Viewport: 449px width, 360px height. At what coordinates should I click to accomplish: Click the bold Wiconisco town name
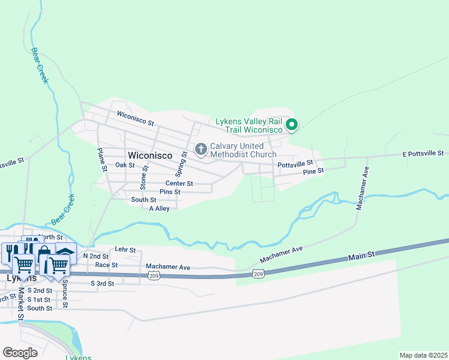tap(149, 155)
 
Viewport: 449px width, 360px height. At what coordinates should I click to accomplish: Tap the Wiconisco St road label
tap(136, 119)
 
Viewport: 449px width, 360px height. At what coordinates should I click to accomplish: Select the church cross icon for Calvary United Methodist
tap(200, 148)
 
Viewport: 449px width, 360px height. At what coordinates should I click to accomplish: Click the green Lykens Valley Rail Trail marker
tap(292, 125)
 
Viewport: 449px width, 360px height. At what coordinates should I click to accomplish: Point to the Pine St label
tap(313, 171)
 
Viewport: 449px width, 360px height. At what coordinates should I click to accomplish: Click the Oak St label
tap(125, 165)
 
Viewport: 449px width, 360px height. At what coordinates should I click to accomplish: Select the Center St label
tap(179, 184)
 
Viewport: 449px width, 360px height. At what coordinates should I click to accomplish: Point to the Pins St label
tap(170, 191)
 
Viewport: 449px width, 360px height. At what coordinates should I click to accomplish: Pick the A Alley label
tap(159, 208)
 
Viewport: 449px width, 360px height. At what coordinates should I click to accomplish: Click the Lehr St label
tap(125, 250)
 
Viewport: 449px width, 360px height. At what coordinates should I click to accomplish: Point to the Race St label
tap(106, 265)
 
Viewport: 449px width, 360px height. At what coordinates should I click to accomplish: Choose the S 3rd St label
tap(102, 283)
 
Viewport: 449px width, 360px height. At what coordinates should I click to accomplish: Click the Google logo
tap(20, 352)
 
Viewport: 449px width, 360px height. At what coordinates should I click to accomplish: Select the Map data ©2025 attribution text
tap(423, 355)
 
